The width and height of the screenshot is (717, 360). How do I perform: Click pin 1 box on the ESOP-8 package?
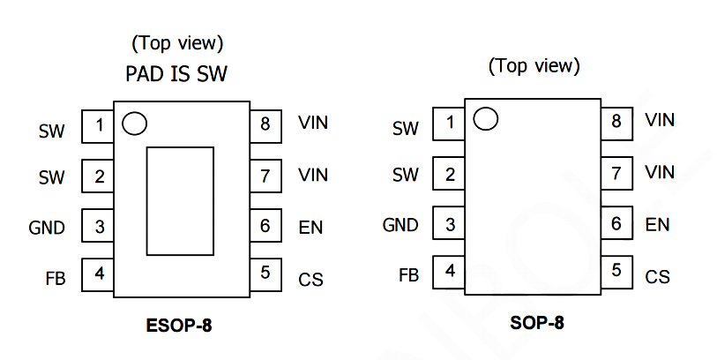click(x=98, y=125)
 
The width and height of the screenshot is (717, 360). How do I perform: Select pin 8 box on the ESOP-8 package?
click(x=265, y=124)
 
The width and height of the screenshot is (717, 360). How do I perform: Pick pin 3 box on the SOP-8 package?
click(x=450, y=224)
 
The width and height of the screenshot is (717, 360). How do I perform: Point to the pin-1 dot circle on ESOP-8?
click(x=134, y=124)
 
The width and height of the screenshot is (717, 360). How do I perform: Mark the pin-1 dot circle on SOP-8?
click(x=486, y=118)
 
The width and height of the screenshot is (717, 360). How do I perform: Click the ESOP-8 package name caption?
click(x=179, y=326)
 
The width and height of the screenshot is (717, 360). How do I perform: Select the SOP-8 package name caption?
click(x=536, y=323)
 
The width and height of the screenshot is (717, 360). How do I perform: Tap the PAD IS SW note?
click(x=176, y=74)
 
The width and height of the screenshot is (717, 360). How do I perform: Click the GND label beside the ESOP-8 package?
click(x=47, y=228)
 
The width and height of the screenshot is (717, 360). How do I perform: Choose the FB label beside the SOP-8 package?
click(x=408, y=275)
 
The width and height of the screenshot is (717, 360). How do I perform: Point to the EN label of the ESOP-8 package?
click(x=310, y=228)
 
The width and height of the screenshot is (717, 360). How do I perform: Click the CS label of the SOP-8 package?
click(x=657, y=277)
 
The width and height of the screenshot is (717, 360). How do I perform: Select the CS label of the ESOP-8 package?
click(x=310, y=280)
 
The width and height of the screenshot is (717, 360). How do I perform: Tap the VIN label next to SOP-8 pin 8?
click(x=660, y=120)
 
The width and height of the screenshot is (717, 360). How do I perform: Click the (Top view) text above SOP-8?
click(x=534, y=65)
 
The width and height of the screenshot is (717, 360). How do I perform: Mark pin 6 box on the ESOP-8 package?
click(x=265, y=226)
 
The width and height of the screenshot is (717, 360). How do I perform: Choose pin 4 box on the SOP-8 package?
click(x=450, y=271)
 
